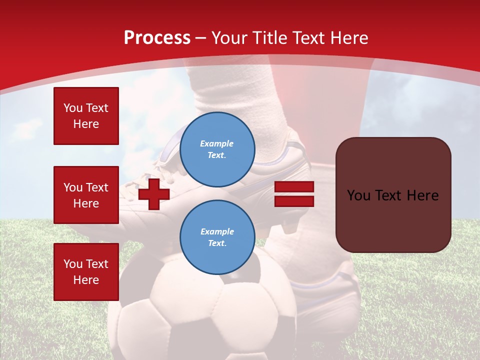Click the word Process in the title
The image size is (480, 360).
pos(157,38)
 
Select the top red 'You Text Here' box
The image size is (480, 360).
pos(86,116)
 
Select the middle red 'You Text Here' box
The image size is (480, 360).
pos(86,195)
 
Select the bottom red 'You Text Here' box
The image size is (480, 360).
pos(86,272)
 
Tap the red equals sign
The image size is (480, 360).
pos(294,194)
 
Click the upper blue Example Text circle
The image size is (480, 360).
pos(217,149)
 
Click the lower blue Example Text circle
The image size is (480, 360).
pos(217,237)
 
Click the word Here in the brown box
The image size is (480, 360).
pos(423,195)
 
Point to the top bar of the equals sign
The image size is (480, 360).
pos(294,187)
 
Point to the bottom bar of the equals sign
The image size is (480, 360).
pos(294,201)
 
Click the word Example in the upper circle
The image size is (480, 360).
pos(217,143)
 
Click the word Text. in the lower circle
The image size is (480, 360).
pos(217,243)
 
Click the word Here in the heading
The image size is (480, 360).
pos(350,38)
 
